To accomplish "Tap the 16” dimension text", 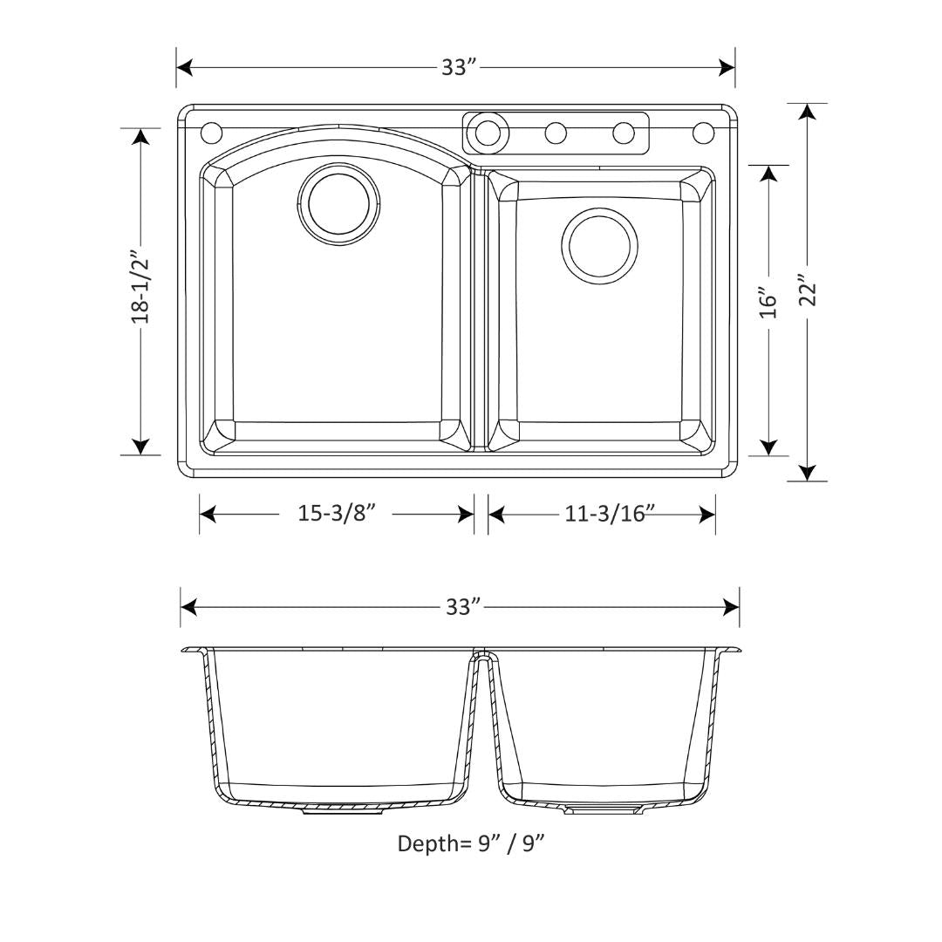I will point(768,302).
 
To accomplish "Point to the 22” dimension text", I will point(808,291).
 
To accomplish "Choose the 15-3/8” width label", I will point(337,514).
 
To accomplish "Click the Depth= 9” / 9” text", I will point(471,843).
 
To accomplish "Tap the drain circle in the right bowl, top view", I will point(599,245).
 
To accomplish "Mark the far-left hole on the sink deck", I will point(212,133).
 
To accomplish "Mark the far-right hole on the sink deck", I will point(703,133).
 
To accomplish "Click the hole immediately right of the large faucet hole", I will point(556,133).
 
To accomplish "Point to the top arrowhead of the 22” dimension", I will point(808,113).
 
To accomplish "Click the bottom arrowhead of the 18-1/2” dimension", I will point(140,446).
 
